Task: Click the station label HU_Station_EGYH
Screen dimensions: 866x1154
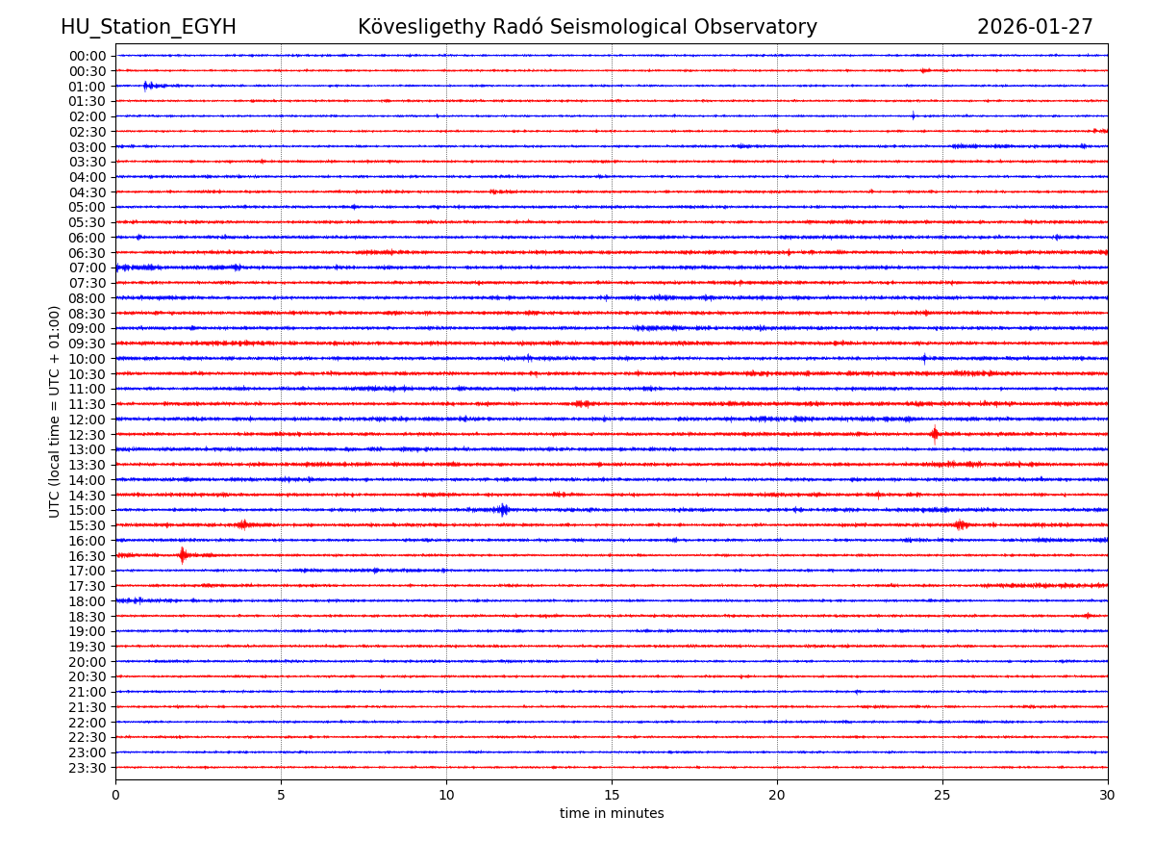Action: (x=148, y=27)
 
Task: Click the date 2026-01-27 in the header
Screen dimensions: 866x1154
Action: (x=1035, y=27)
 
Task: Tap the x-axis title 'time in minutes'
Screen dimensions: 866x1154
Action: (x=612, y=813)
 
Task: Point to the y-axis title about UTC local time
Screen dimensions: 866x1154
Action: (x=55, y=411)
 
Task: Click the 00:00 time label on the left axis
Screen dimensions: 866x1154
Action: (x=88, y=56)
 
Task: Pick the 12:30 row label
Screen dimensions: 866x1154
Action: (x=88, y=435)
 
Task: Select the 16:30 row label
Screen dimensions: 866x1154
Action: (x=88, y=556)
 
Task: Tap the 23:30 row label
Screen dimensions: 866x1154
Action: (x=88, y=768)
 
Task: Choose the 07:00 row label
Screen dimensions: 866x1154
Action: (x=88, y=267)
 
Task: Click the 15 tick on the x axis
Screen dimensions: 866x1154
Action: (x=612, y=795)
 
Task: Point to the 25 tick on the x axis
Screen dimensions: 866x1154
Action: (x=942, y=795)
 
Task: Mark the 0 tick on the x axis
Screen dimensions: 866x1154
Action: (x=115, y=795)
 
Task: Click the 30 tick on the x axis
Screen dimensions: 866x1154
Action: (x=1108, y=795)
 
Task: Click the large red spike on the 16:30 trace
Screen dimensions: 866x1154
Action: (x=182, y=555)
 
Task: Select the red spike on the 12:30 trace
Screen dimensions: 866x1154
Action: (x=934, y=434)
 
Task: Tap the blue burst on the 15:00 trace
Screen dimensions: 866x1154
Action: (x=502, y=510)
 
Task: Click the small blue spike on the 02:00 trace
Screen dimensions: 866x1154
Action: (x=913, y=115)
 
